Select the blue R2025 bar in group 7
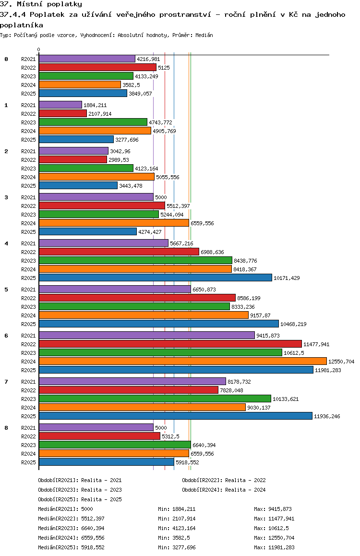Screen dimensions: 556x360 (175, 416)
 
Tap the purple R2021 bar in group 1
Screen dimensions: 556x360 (60, 105)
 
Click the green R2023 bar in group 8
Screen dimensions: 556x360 (115, 445)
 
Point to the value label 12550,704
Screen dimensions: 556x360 (341, 362)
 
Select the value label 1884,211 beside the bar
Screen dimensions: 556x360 (95, 105)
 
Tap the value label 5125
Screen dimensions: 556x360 (164, 68)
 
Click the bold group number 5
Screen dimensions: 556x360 (6, 290)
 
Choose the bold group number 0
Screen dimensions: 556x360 (6, 59)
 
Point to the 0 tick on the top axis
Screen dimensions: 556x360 (39, 49)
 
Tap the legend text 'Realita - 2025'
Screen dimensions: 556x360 (101, 499)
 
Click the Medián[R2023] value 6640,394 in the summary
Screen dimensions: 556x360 (93, 528)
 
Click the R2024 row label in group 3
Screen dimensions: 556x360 (29, 223)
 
